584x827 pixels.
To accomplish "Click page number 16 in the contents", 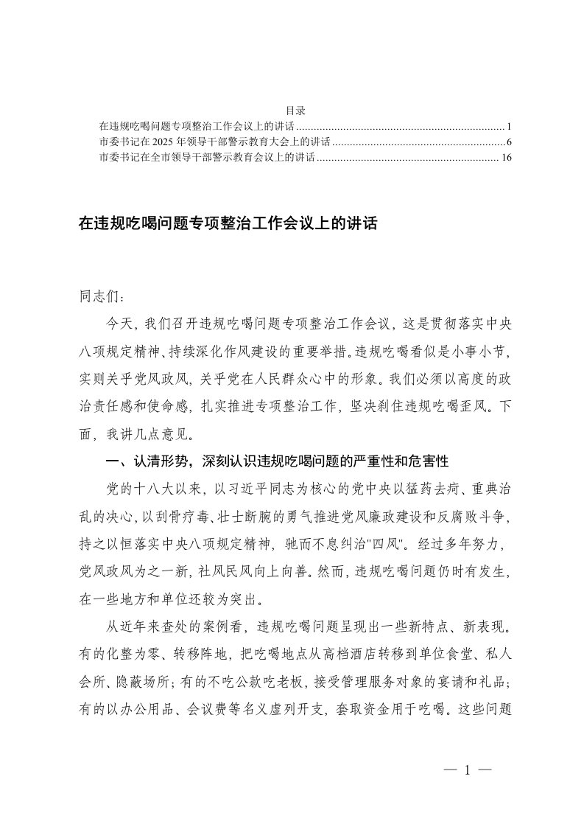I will click(x=505, y=157).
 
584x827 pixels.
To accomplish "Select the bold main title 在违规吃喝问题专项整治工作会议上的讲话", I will click(x=228, y=223).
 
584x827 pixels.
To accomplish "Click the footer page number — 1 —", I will click(x=467, y=771).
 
